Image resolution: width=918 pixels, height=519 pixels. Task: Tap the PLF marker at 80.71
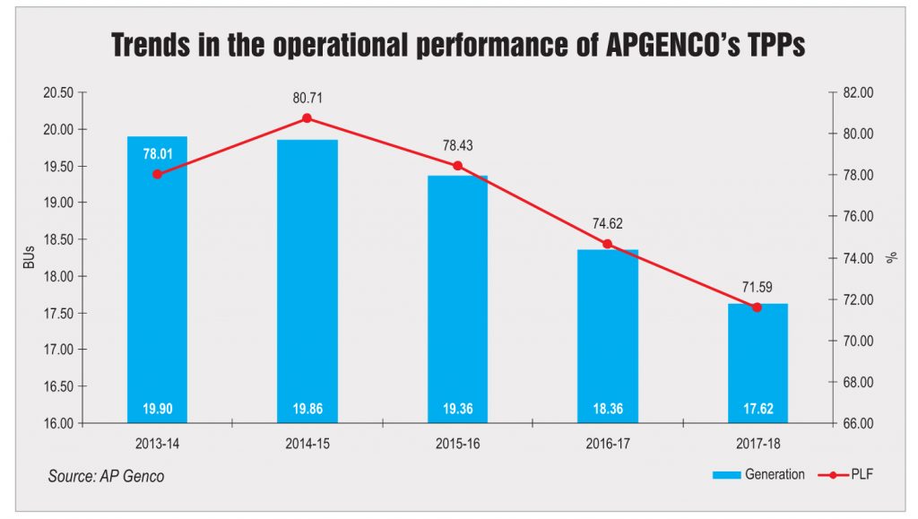point(307,118)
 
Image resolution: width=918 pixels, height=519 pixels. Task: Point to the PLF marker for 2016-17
point(607,244)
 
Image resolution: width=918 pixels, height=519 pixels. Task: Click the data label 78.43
point(457,143)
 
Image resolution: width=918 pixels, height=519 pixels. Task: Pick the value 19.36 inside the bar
point(457,410)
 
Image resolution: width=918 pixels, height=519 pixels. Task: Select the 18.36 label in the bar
point(607,410)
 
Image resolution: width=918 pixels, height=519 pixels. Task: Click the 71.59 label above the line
point(757,286)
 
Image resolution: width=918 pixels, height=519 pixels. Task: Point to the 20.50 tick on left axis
point(59,92)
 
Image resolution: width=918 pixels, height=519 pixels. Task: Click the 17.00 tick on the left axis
point(59,350)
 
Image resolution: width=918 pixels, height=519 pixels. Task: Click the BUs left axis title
point(29,257)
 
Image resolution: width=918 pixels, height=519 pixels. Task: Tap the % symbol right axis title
point(891,257)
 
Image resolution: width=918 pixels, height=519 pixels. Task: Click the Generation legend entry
point(774,474)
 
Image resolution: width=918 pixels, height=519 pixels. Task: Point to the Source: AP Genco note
point(106,476)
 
